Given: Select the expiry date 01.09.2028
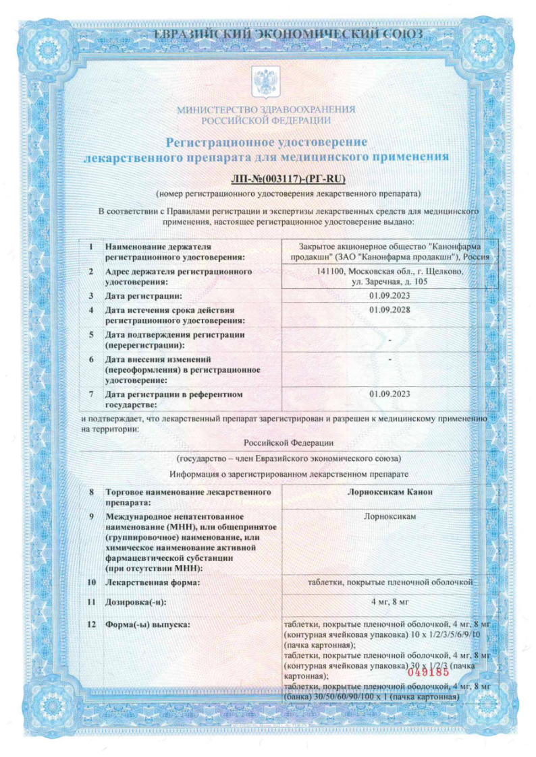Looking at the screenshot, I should (x=390, y=310).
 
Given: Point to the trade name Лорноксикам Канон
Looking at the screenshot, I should (x=390, y=492).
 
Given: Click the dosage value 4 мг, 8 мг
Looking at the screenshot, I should (x=390, y=600).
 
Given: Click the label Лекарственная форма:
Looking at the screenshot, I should (x=153, y=582).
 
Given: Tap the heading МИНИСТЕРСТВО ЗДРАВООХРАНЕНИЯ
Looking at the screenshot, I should (x=266, y=110).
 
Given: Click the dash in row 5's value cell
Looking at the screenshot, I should (x=390, y=339).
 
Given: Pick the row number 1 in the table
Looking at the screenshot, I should (x=90, y=247).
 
